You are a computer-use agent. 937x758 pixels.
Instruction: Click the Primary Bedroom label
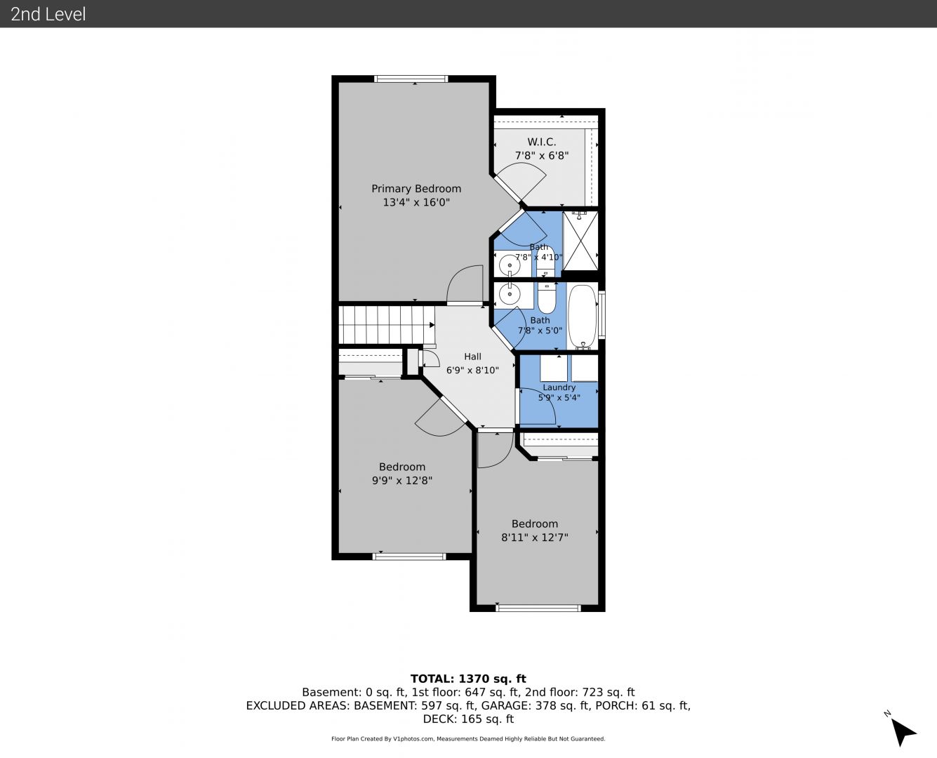coord(416,189)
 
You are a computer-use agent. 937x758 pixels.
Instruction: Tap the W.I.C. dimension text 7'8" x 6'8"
coord(542,155)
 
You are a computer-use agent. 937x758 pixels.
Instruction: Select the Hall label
coord(472,357)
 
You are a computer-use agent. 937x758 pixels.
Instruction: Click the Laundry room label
coord(559,387)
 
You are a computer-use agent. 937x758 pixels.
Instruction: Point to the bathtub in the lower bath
coord(583,317)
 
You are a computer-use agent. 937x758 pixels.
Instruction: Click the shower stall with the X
coord(580,241)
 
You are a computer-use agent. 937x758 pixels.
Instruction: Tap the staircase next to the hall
coord(386,325)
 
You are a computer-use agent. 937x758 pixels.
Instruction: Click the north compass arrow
coord(903,732)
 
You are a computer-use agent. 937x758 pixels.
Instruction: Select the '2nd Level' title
coord(48,14)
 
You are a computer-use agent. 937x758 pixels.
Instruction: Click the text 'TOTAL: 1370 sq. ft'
coord(468,679)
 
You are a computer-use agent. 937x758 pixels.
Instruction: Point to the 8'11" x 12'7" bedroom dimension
coord(535,537)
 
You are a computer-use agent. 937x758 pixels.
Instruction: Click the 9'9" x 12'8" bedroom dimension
coord(402,480)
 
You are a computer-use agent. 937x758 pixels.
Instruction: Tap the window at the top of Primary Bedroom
coord(411,79)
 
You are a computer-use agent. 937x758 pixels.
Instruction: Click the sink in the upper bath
coord(510,265)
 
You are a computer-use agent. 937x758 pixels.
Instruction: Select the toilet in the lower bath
coord(547,298)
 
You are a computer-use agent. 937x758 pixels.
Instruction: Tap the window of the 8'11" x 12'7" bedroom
coord(538,609)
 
